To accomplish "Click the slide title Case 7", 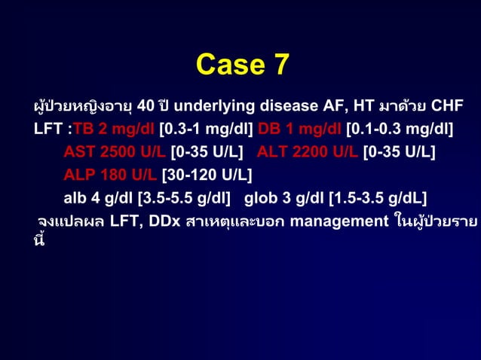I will pos(242,66).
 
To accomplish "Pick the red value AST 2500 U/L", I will pos(114,152).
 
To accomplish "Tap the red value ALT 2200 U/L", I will pos(308,152).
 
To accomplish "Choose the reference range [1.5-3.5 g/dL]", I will pos(378,199).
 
